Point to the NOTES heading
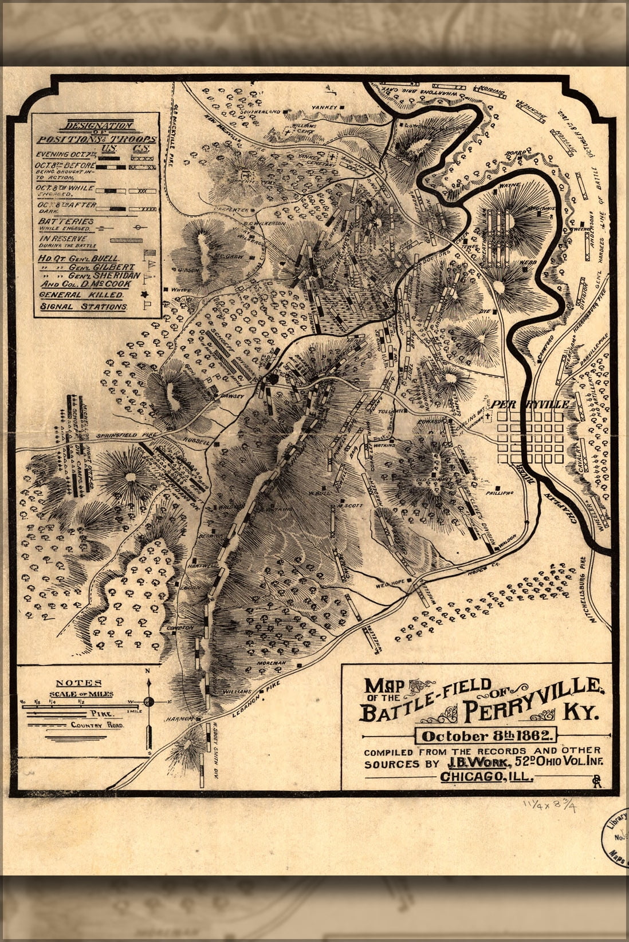click(x=78, y=683)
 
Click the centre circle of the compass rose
click(x=149, y=701)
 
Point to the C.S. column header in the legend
click(x=139, y=148)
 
